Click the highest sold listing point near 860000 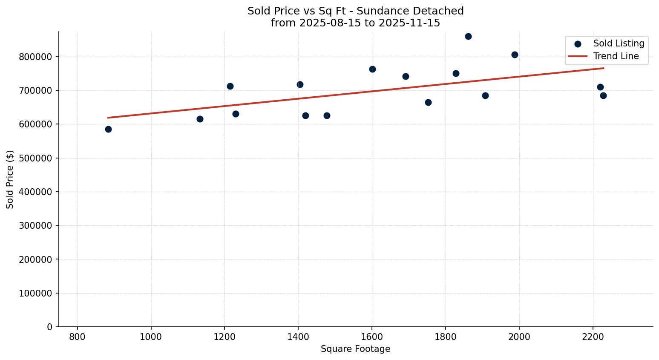(468, 36)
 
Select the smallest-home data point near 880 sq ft (108, 129)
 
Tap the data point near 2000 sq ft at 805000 (515, 55)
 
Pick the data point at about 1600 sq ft (372, 69)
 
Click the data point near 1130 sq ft (200, 119)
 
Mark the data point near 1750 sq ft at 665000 (428, 102)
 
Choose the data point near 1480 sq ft (327, 115)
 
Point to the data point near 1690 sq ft (406, 76)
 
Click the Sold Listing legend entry (619, 43)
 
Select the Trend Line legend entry (616, 56)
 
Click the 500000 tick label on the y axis (36, 158)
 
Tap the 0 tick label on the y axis (50, 327)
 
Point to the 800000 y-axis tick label (36, 57)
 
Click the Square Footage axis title (355, 349)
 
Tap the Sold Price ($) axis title (10, 179)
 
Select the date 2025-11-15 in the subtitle (412, 23)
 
